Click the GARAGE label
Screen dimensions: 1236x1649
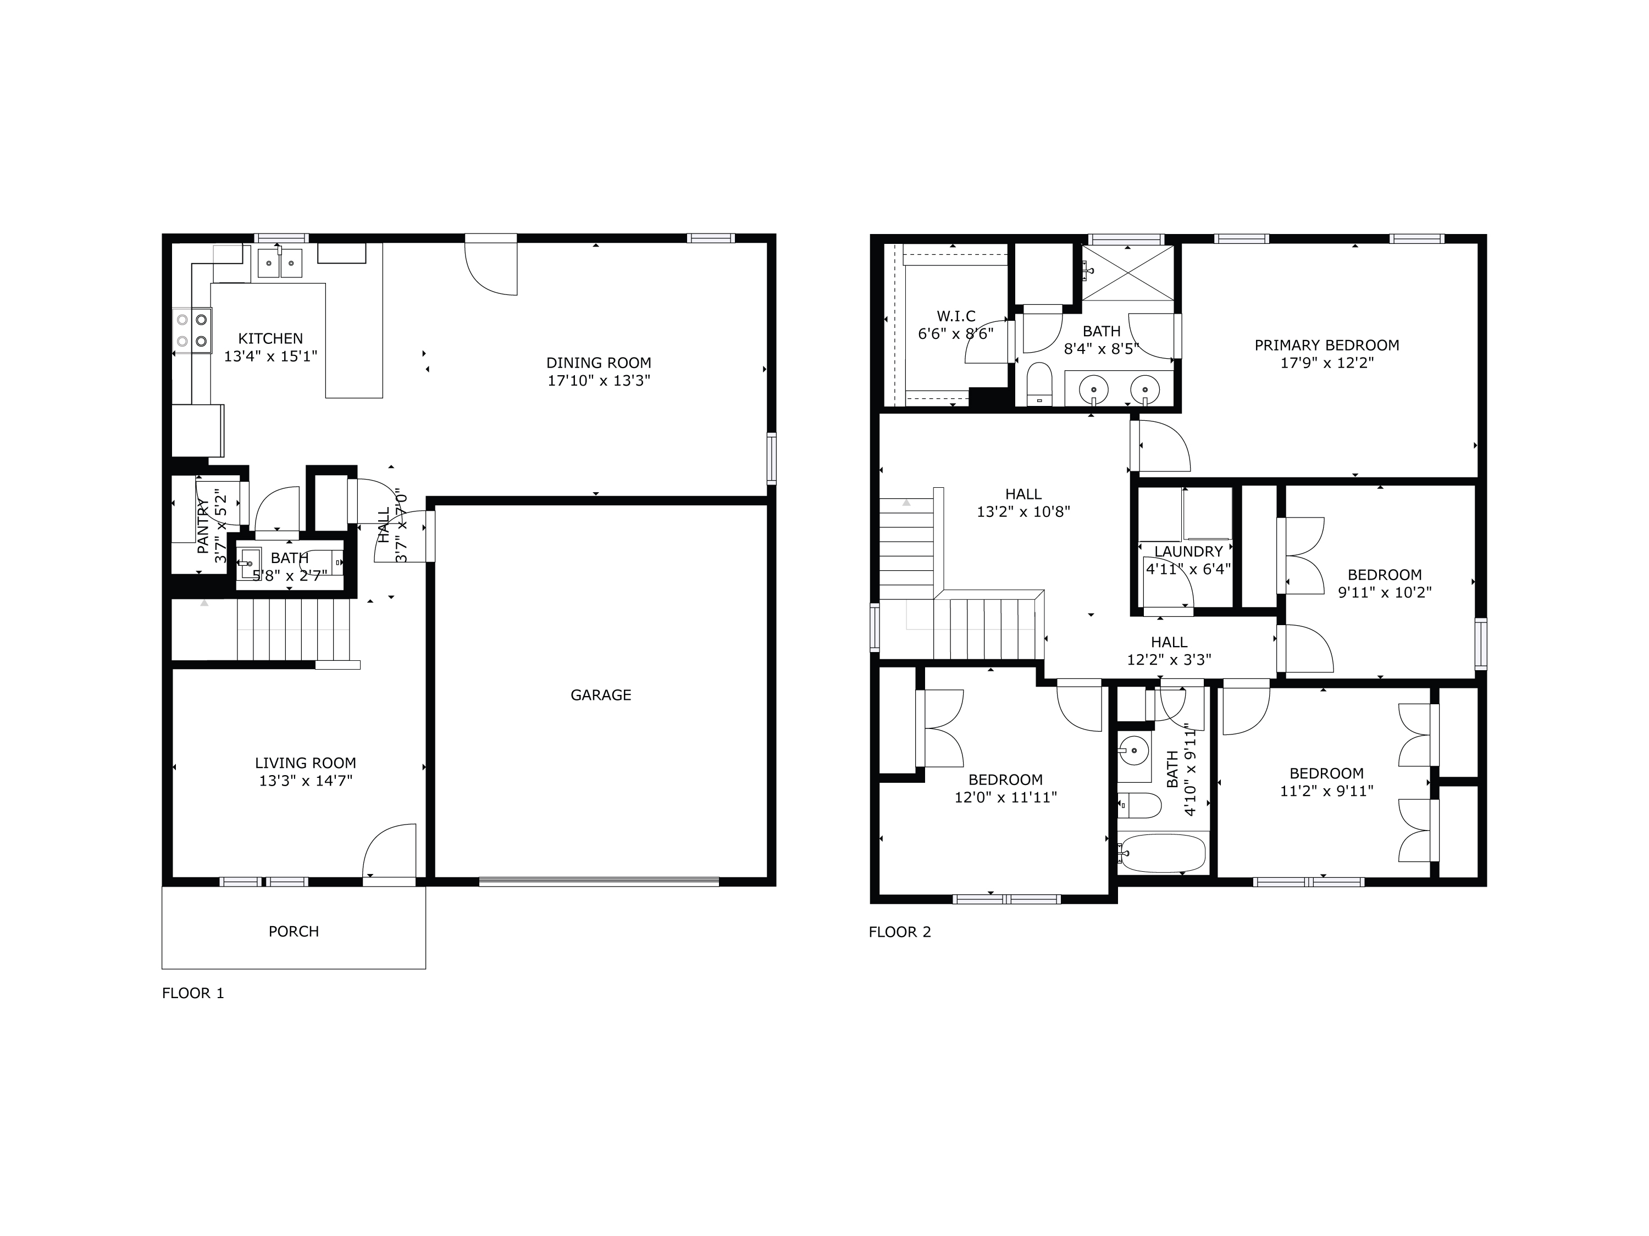pos(600,695)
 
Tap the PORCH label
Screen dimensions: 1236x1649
pos(293,931)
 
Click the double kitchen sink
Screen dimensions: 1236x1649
pos(280,263)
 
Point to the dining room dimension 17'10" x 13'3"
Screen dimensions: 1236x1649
pos(599,381)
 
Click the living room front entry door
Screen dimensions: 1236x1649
pos(389,854)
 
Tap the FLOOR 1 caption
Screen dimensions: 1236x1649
pos(192,993)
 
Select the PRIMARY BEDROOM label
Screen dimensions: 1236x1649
pos(1326,345)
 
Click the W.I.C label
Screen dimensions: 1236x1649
pos(956,316)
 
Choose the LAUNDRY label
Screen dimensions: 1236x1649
pos(1188,552)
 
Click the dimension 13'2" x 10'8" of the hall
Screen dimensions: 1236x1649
pos(1023,512)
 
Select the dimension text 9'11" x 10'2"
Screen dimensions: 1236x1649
pos(1385,592)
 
